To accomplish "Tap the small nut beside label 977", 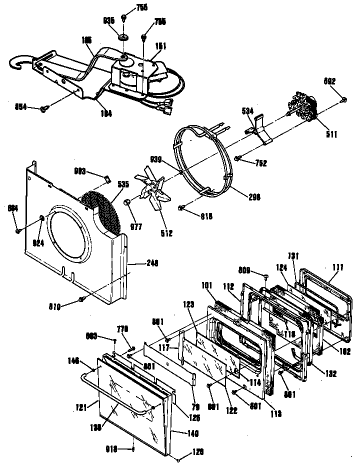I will click(128, 201).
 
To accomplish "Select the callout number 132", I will click(329, 373).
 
